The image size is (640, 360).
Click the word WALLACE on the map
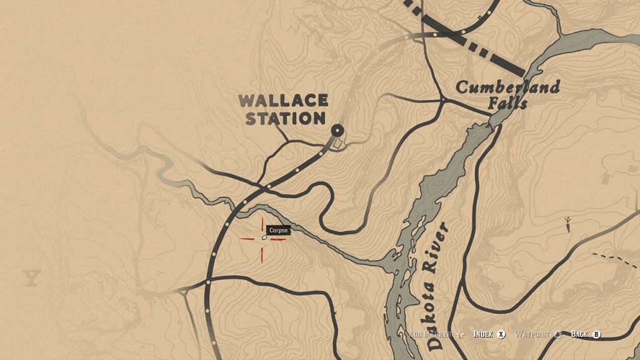coord(284,100)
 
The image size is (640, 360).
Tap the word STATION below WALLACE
coord(285,118)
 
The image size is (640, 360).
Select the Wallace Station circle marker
coord(337,130)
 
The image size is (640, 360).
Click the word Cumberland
coord(507,87)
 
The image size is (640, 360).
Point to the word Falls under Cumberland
coord(507,102)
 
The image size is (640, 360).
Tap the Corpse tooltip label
coord(278,231)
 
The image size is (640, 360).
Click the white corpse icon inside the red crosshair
coord(264,237)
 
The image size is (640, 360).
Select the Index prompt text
coord(483,334)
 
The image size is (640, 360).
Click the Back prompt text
coord(579,334)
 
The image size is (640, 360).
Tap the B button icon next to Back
coord(596,334)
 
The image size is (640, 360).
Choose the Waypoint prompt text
coord(532,334)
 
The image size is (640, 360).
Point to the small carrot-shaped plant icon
coord(567,224)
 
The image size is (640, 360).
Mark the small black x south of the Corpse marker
coord(335,312)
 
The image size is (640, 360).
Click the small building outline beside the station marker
coord(337,144)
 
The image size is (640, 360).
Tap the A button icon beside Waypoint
coord(558,334)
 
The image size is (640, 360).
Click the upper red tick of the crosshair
coord(262,223)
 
